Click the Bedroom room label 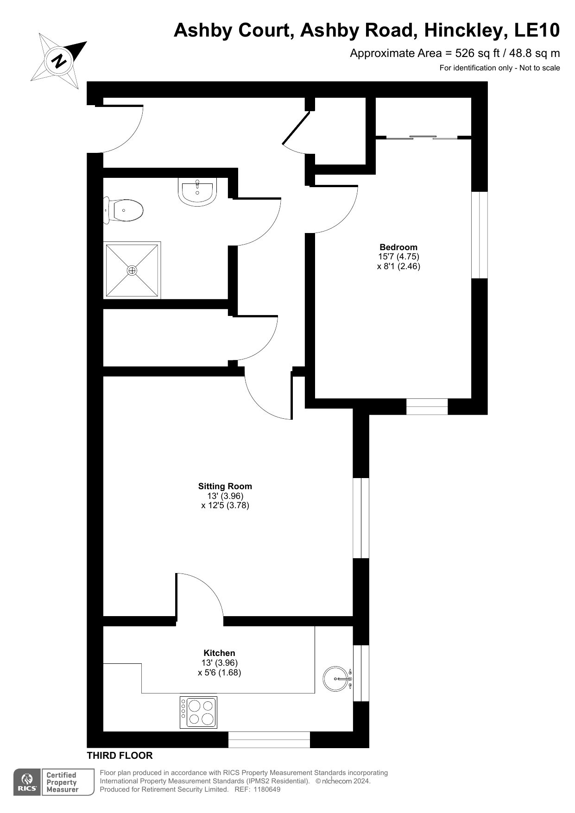click(398, 247)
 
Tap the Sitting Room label click(225, 486)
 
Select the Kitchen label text click(220, 653)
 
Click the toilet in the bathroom click(123, 210)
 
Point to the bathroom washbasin click(197, 192)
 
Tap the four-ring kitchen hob click(198, 712)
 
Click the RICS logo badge click(27, 782)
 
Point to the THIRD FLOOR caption click(120, 756)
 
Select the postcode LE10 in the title click(537, 31)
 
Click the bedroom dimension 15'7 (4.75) click(398, 256)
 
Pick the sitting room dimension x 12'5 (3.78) click(225, 505)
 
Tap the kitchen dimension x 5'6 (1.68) click(220, 673)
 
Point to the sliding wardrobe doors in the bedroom click(422, 137)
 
